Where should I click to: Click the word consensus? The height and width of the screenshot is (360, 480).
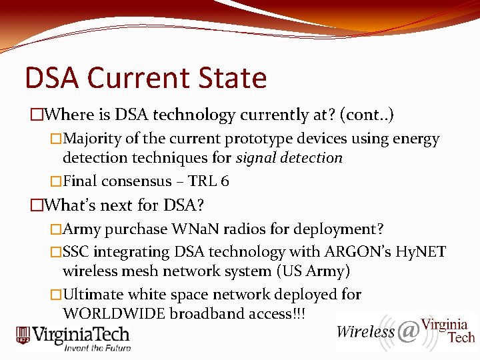click(x=144, y=181)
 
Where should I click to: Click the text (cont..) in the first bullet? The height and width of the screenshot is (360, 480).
click(x=367, y=115)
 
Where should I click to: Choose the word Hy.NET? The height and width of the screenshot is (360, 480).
click(x=421, y=252)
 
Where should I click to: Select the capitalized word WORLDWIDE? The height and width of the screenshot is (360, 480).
click(x=113, y=313)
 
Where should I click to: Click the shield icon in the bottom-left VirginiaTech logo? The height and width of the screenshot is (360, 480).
click(x=23, y=335)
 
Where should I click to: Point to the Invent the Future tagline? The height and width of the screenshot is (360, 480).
click(x=97, y=347)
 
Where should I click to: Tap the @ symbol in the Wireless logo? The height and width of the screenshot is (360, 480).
click(x=409, y=331)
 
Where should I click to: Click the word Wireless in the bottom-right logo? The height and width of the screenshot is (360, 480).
click(x=365, y=332)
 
